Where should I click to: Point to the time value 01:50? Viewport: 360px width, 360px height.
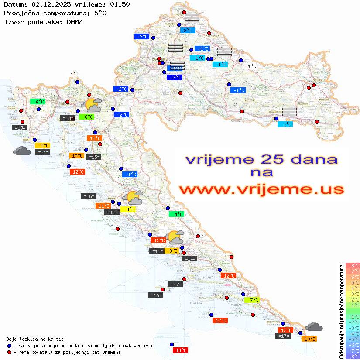click(x=120, y=5)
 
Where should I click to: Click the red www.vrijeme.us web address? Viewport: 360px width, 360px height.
click(x=261, y=190)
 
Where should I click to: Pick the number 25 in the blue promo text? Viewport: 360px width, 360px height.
click(x=267, y=159)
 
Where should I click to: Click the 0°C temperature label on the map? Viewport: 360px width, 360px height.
click(x=187, y=31)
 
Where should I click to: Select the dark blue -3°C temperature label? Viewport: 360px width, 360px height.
click(x=174, y=78)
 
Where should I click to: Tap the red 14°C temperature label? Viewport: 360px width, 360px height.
click(x=180, y=350)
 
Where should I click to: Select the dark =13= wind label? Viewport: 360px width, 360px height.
click(x=67, y=118)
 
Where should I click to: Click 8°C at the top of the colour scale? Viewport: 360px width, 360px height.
click(x=353, y=266)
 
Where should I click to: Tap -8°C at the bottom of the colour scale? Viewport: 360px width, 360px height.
click(x=353, y=356)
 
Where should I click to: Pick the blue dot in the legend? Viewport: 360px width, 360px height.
click(x=9, y=346)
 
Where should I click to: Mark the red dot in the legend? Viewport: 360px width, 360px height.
click(x=9, y=352)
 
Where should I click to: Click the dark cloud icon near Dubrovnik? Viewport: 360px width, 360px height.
click(x=314, y=326)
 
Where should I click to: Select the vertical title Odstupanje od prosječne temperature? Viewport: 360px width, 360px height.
click(x=341, y=311)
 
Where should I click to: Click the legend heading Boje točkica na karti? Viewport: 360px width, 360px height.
click(x=35, y=339)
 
